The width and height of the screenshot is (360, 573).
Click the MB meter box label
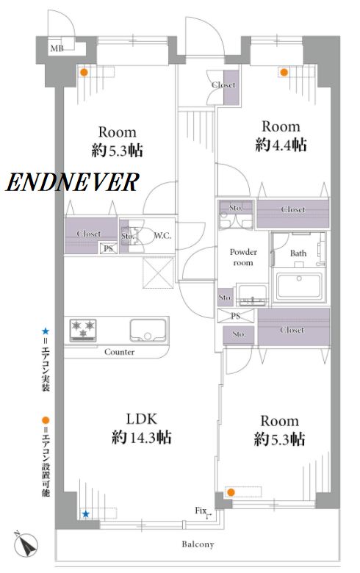(x=57, y=48)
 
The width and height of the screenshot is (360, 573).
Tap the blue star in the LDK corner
(x=85, y=514)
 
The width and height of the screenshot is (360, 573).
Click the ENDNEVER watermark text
(x=72, y=182)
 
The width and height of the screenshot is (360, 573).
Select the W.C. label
(x=162, y=236)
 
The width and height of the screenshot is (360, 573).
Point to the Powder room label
(x=243, y=257)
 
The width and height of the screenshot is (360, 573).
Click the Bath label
(x=298, y=253)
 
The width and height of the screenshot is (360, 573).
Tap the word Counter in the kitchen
(x=119, y=352)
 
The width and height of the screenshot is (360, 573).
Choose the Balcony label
(x=198, y=544)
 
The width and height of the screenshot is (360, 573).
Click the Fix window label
(x=201, y=511)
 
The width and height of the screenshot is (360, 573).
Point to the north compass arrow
(x=26, y=542)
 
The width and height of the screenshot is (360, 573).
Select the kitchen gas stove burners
(x=83, y=330)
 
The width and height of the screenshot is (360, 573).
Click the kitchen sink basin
(x=148, y=331)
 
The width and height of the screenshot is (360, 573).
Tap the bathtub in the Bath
(x=299, y=286)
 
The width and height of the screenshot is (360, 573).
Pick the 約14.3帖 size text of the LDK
(x=142, y=437)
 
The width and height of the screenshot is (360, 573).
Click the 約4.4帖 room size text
(x=281, y=145)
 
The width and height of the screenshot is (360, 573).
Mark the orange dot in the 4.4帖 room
(x=284, y=72)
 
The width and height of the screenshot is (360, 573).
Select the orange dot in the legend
(x=46, y=420)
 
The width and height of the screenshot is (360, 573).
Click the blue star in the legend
(x=46, y=331)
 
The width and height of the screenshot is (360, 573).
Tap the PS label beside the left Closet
(x=109, y=248)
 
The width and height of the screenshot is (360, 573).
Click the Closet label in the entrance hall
(x=223, y=85)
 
